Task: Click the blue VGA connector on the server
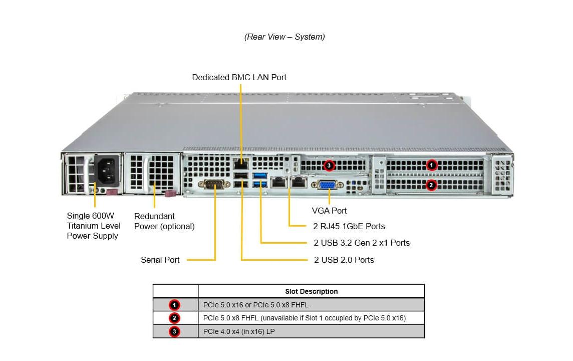[328, 185]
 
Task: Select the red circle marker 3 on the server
[329, 165]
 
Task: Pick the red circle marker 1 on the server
[432, 165]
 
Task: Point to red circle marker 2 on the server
[431, 185]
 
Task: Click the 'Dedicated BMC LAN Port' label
[239, 77]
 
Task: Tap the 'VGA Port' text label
[329, 211]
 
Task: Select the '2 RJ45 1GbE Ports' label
[349, 226]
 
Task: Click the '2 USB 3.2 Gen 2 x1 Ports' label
[362, 243]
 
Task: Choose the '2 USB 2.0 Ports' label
[344, 260]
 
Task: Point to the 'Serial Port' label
[160, 260]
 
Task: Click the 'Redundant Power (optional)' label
[164, 221]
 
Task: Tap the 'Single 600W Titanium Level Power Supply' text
[94, 226]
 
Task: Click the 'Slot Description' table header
[311, 291]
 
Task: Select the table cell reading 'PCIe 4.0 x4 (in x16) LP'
[239, 331]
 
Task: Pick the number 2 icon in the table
[174, 318]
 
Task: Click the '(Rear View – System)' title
[284, 37]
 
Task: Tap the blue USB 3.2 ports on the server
[260, 180]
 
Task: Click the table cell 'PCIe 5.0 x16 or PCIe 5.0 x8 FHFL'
[255, 305]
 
